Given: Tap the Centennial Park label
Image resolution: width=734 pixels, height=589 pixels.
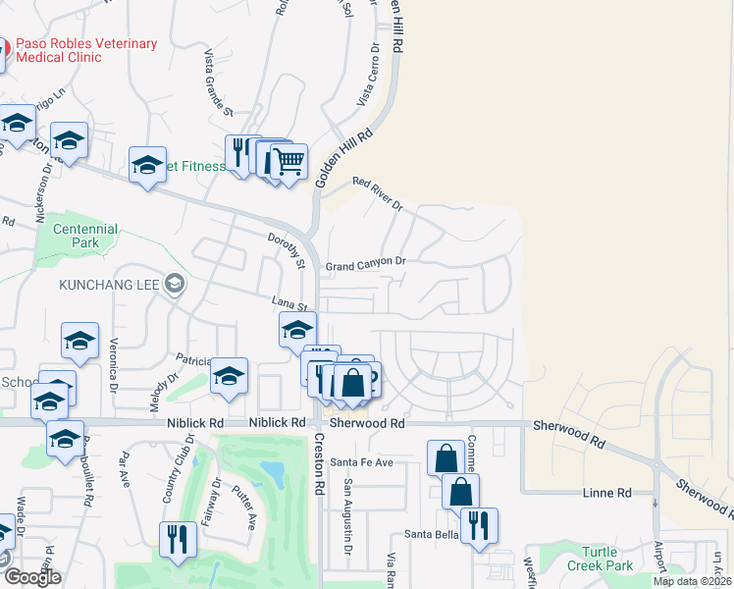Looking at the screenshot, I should tap(86, 236).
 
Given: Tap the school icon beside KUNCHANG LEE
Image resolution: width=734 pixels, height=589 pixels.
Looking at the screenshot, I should tap(175, 285).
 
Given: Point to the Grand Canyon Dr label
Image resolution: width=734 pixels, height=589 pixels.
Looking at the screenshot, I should tap(365, 264).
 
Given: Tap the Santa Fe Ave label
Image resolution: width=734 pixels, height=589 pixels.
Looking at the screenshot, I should tap(361, 461).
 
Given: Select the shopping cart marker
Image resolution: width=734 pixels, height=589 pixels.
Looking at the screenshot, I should tap(288, 162).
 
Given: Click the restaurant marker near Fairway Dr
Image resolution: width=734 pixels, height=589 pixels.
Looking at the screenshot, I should tap(178, 540).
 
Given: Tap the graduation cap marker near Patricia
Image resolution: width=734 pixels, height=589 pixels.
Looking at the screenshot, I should tap(229, 376).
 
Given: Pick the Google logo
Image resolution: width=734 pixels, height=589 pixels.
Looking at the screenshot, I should tap(33, 577).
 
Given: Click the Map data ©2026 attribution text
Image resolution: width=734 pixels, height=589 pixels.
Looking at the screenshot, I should tap(690, 581).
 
